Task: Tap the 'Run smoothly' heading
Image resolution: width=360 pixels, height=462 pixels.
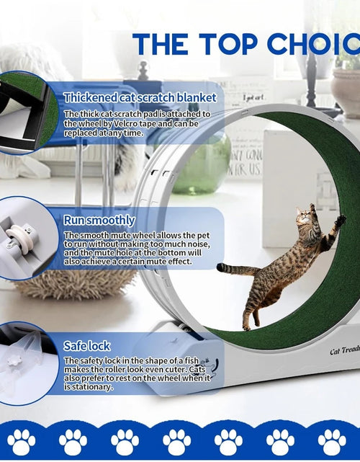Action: tap(99, 220)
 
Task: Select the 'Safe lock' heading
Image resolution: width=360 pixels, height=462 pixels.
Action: tap(86, 346)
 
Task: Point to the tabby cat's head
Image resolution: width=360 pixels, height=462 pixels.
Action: tap(305, 216)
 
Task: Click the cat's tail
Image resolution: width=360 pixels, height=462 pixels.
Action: tap(233, 269)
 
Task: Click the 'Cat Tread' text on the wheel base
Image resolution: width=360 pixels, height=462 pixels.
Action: tap(344, 351)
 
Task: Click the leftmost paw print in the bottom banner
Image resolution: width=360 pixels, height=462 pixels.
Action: tap(22, 442)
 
